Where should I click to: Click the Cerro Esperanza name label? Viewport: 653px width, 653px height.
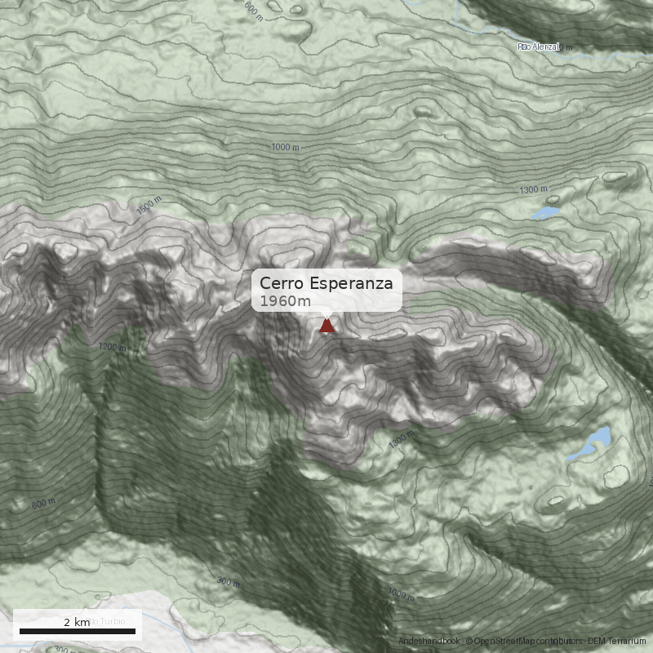[326, 283]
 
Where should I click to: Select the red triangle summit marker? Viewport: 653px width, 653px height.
[326, 326]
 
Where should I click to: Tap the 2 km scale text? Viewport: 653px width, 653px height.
[77, 623]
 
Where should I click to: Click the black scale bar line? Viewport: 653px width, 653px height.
[77, 632]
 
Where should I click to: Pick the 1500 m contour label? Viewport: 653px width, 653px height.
[150, 207]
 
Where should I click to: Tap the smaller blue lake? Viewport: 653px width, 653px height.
[545, 214]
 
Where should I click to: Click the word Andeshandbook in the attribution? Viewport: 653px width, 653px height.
[429, 642]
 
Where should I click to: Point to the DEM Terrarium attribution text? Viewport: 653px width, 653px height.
[616, 642]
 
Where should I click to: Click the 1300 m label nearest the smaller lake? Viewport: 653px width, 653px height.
[533, 189]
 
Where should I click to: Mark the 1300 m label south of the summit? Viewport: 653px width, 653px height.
[402, 442]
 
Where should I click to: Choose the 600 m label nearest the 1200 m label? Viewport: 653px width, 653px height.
[43, 504]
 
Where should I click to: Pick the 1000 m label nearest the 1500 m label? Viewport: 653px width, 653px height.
[285, 147]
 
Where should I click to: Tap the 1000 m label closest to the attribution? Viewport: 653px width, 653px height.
[401, 593]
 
